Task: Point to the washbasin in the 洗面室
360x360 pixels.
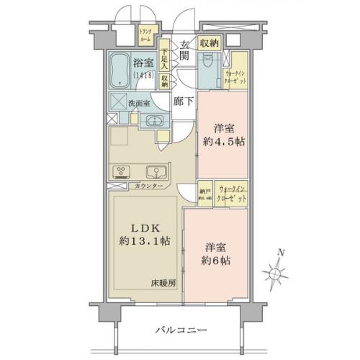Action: click(x=153, y=120)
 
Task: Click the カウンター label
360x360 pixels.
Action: click(x=148, y=186)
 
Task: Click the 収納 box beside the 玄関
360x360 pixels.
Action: click(x=210, y=42)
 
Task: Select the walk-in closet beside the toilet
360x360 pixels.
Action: click(x=236, y=73)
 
